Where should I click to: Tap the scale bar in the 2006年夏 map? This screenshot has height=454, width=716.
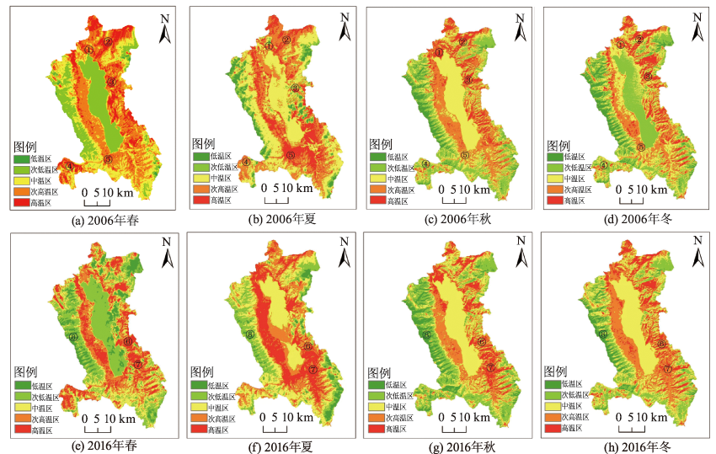point(277,200)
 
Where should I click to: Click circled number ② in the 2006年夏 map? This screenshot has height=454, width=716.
point(286,40)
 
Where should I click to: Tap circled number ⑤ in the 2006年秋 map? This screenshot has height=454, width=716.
point(464,155)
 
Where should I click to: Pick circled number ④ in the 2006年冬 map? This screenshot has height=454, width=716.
point(604,166)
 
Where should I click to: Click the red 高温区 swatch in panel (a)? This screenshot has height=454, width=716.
point(22,203)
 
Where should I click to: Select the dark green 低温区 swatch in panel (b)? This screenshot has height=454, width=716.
point(200,156)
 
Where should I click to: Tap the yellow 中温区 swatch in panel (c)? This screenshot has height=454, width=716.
point(377,179)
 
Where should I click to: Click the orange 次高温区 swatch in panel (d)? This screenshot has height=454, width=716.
point(554,190)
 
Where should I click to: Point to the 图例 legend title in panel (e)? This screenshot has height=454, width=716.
point(25,371)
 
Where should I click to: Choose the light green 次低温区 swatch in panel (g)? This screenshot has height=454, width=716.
point(377,396)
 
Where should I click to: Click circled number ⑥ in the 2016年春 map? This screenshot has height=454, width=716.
point(73,336)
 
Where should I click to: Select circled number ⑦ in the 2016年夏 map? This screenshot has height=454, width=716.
point(313,369)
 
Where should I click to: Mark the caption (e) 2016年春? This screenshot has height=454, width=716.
point(98,446)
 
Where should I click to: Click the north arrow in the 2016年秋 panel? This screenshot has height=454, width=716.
point(522,252)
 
